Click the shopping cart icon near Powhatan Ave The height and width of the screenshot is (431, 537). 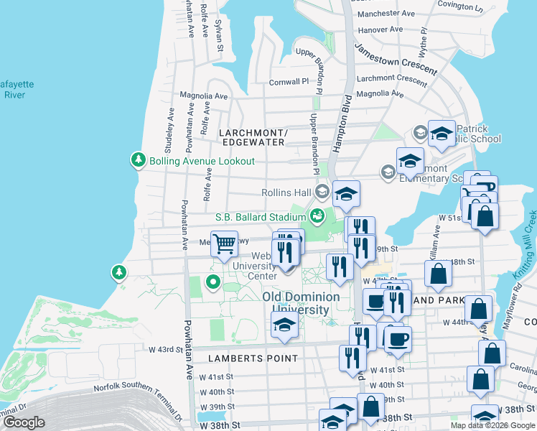pyautogui.click(x=224, y=244)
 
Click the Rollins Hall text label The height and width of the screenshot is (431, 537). pyautogui.click(x=286, y=192)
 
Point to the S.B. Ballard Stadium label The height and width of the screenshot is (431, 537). pyautogui.click(x=260, y=216)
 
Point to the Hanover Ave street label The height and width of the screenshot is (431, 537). pyautogui.click(x=380, y=30)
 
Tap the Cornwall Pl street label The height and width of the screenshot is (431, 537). pyautogui.click(x=289, y=82)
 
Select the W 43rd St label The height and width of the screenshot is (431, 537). pyautogui.click(x=162, y=349)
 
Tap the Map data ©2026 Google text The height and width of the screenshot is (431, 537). pyautogui.click(x=492, y=425)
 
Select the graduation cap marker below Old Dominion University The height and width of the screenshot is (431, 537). pyautogui.click(x=284, y=325)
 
